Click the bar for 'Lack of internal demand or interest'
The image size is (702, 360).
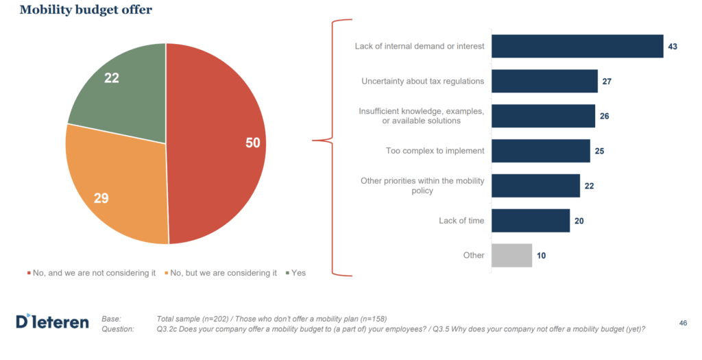(x=577, y=47)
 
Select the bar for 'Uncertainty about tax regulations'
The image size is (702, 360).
(x=544, y=81)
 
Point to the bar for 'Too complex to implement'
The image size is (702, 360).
(x=541, y=151)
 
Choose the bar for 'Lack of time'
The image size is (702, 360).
(x=531, y=221)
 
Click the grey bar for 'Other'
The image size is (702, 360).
(x=511, y=255)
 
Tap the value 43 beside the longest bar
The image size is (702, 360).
(x=673, y=47)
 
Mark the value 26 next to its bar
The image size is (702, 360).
(x=604, y=116)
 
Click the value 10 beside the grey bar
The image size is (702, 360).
(x=542, y=255)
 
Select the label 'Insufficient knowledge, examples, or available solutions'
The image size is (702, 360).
(x=422, y=116)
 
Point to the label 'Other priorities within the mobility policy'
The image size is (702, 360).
(x=422, y=185)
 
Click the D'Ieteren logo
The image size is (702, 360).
(x=52, y=322)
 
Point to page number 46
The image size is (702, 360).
(x=683, y=323)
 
